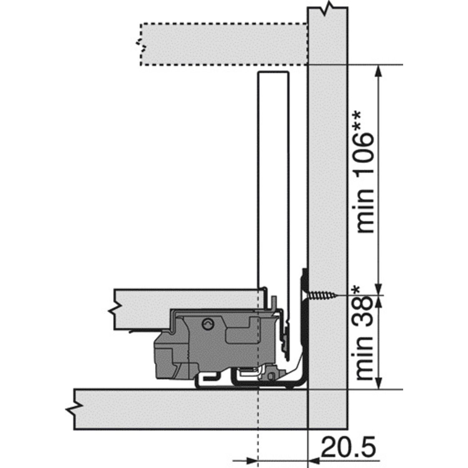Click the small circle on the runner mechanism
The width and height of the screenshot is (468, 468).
pyautogui.click(x=207, y=325)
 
